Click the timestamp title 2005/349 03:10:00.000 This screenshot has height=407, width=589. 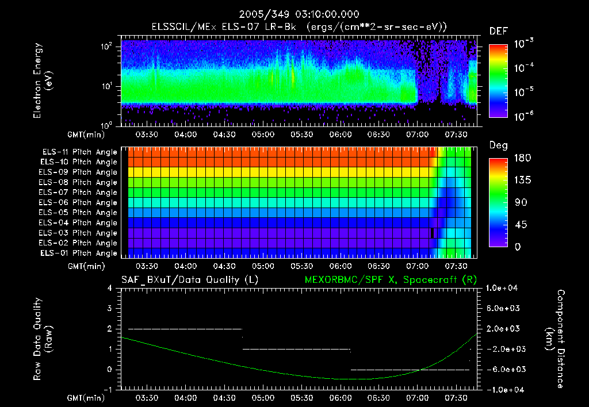[x=294, y=14]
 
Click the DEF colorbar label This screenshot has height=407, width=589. [x=498, y=31]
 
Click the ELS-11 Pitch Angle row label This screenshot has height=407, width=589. [x=79, y=152]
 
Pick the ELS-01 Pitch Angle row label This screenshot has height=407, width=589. [x=78, y=253]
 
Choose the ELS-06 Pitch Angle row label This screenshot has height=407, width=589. [x=79, y=202]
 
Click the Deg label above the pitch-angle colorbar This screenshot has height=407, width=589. [x=498, y=145]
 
